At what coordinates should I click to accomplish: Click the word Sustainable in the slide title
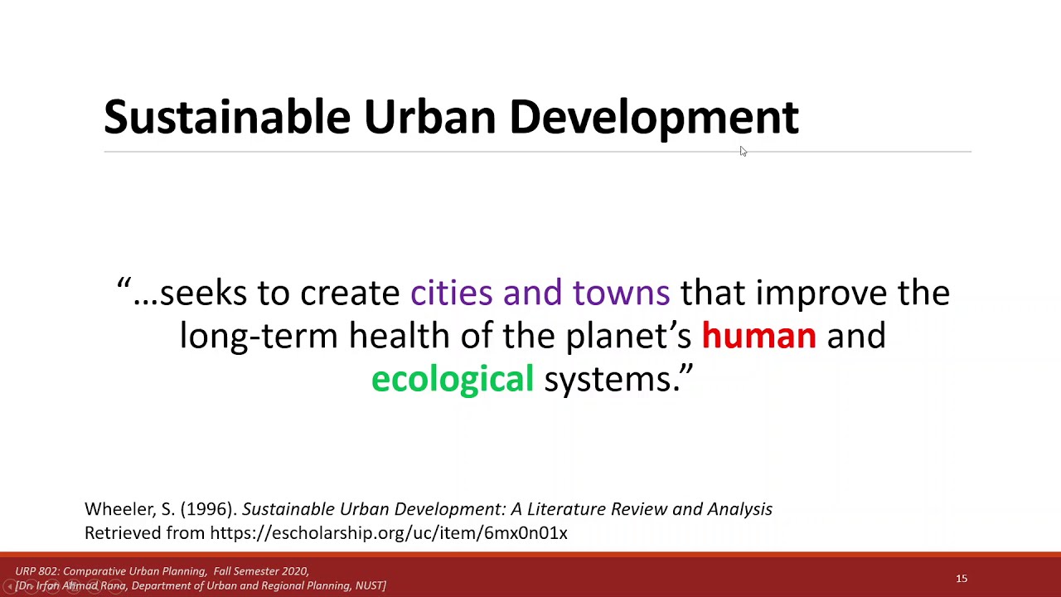click(x=226, y=117)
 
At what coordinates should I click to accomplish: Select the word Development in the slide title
click(x=653, y=117)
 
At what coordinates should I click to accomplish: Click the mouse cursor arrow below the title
click(x=743, y=151)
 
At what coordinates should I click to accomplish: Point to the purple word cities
click(x=451, y=293)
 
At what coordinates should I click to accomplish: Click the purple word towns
click(x=621, y=293)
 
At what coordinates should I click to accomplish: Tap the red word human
click(x=758, y=336)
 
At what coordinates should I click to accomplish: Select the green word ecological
click(x=453, y=379)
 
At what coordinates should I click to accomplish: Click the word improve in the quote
click(x=821, y=293)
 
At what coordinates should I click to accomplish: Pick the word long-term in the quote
click(x=259, y=336)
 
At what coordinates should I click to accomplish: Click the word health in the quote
click(x=399, y=336)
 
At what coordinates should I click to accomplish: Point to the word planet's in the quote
click(x=628, y=336)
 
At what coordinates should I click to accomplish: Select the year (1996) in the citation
click(x=208, y=509)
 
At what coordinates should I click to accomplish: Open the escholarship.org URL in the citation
click(x=389, y=533)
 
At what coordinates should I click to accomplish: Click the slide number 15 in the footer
click(x=962, y=579)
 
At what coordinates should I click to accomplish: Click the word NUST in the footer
click(x=369, y=585)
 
